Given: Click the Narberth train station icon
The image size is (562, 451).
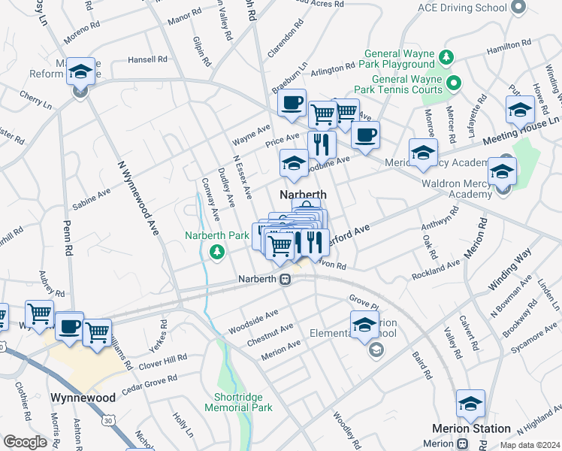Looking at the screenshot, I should click(x=285, y=279).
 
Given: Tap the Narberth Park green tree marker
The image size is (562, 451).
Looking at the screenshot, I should click(x=217, y=252).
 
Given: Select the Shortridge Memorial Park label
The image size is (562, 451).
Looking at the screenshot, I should click(x=239, y=402).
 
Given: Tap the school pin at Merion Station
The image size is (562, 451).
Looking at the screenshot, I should click(x=470, y=404).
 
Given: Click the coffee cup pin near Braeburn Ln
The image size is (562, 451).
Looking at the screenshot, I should click(x=292, y=103).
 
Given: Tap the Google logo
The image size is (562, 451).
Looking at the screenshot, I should click(x=25, y=442).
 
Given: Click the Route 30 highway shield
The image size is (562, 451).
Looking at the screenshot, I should click(x=109, y=422).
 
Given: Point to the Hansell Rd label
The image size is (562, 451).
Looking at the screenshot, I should click(x=147, y=59).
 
